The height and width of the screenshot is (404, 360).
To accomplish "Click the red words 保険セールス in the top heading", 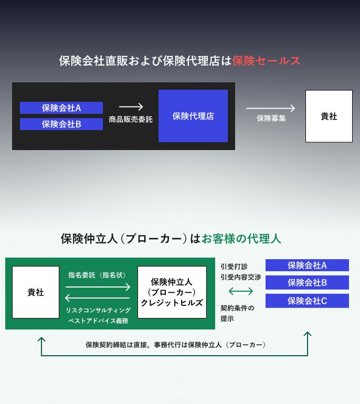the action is pyautogui.click(x=267, y=61).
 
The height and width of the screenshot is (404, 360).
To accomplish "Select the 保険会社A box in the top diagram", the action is pyautogui.click(x=61, y=108).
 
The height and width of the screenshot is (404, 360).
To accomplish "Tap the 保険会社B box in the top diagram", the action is pyautogui.click(x=61, y=124).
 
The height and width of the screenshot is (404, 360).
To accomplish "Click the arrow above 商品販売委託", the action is pyautogui.click(x=131, y=107).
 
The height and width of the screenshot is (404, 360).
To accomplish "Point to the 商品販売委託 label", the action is pyautogui.click(x=131, y=120).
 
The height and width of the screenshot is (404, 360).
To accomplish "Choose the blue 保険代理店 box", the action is pyautogui.click(x=193, y=116).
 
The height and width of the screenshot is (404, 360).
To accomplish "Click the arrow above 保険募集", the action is pyautogui.click(x=270, y=108).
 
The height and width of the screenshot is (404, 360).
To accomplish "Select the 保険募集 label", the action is pyautogui.click(x=271, y=119).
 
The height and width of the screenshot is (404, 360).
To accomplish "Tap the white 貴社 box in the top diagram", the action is pyautogui.click(x=329, y=116).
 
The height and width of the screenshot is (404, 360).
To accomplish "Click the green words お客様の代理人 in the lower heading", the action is pyautogui.click(x=242, y=239).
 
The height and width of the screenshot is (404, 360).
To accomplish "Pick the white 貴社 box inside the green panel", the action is pyautogui.click(x=36, y=292).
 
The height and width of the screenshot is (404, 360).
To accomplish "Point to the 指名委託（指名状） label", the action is pyautogui.click(x=97, y=274).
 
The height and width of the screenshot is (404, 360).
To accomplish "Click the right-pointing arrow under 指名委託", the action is pyautogui.click(x=98, y=287).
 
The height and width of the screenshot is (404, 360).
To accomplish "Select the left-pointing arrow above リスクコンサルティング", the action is pyautogui.click(x=98, y=299).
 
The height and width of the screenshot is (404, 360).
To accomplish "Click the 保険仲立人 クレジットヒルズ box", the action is pyautogui.click(x=172, y=292).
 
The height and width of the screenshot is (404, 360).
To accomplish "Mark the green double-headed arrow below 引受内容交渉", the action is pyautogui.click(x=241, y=291).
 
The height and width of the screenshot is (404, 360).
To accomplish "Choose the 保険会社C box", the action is pyautogui.click(x=307, y=301).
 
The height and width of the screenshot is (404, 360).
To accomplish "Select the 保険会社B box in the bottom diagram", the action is pyautogui.click(x=307, y=283).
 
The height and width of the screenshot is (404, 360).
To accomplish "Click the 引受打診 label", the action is pyautogui.click(x=234, y=267).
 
